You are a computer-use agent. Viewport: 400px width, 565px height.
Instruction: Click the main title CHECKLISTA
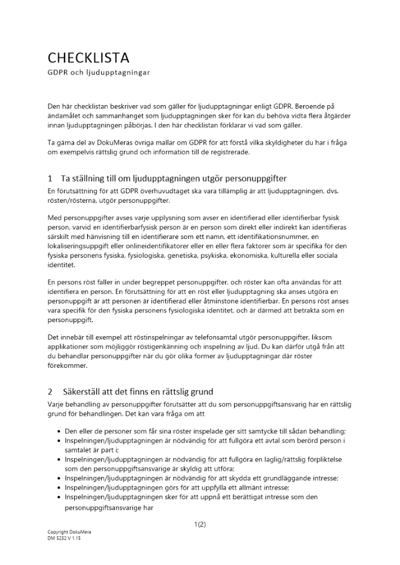[88, 58]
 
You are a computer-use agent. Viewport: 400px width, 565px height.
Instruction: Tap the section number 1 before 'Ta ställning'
[50, 179]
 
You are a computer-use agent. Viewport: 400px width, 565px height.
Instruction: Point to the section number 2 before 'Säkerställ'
[50, 391]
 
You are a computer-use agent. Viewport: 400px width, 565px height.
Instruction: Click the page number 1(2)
[200, 524]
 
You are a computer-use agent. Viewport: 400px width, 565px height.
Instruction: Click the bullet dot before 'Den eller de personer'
[59, 431]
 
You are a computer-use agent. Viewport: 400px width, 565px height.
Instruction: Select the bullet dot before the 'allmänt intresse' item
[59, 488]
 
